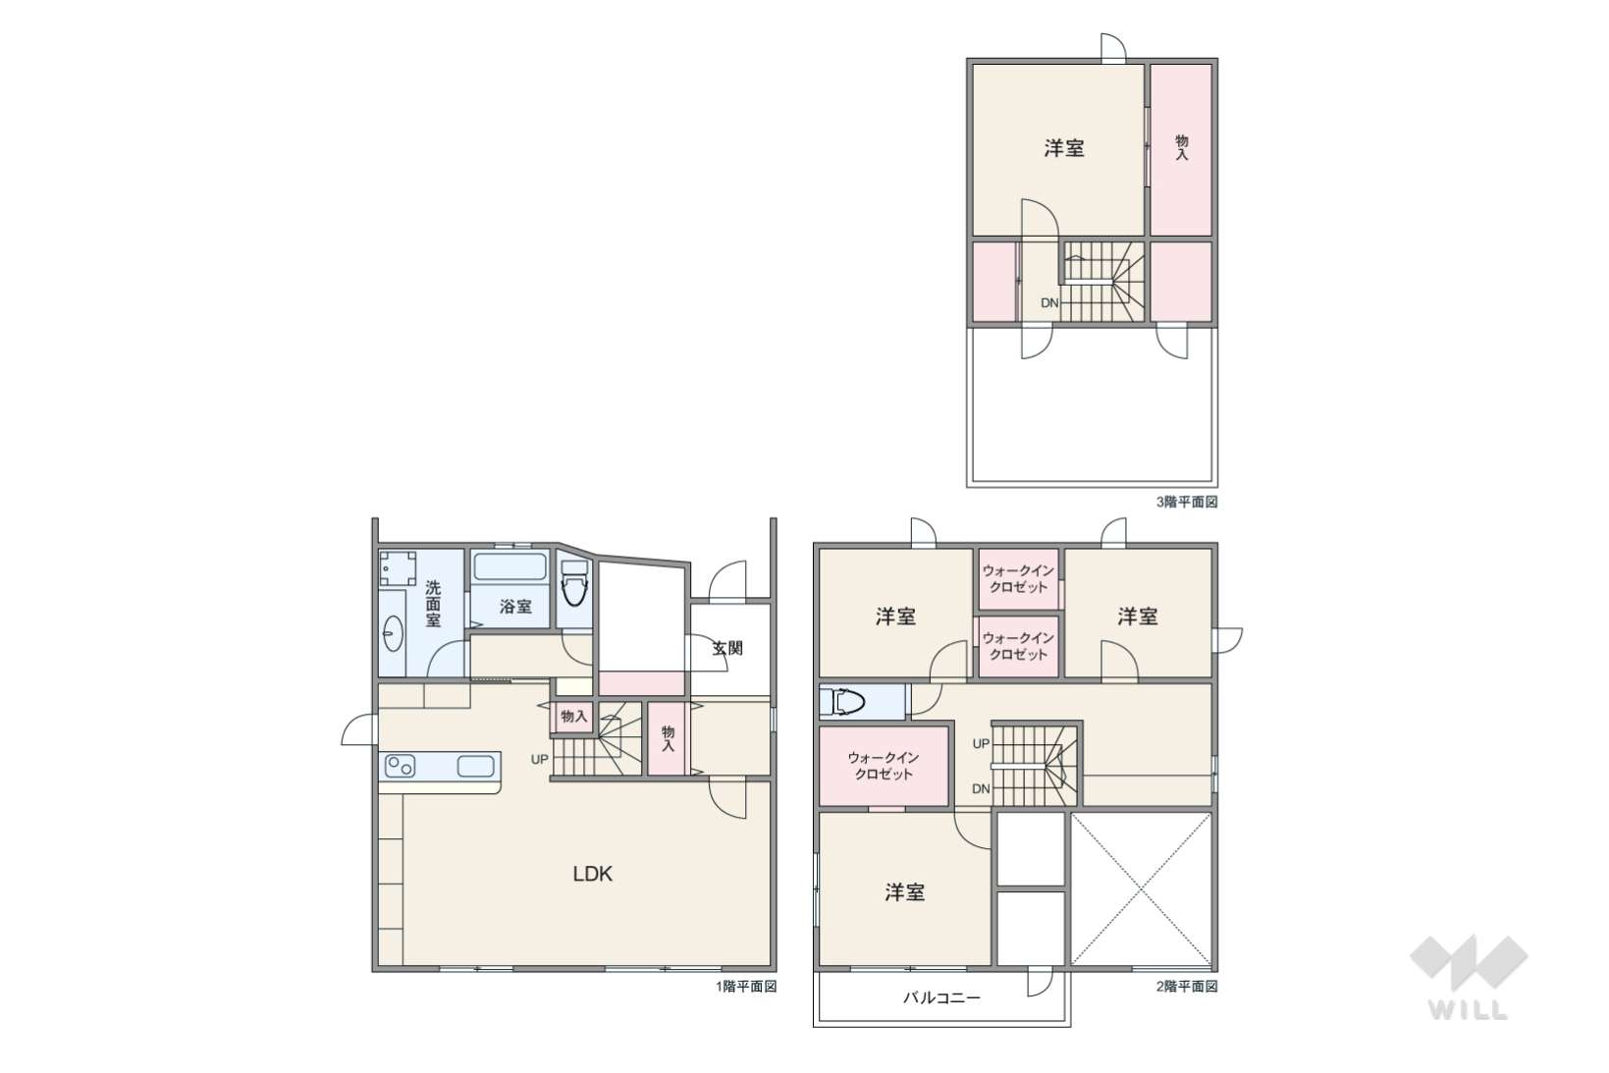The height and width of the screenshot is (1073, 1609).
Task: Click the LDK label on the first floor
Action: click(593, 874)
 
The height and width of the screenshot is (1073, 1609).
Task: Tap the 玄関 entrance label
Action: click(726, 648)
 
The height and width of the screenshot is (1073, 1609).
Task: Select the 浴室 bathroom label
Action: click(515, 606)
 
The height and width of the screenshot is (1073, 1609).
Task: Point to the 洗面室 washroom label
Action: click(432, 604)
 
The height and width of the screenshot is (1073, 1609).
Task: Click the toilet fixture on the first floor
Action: click(574, 583)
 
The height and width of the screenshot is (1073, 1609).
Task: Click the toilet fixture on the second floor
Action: click(845, 702)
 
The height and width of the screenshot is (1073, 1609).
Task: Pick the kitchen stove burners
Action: click(401, 766)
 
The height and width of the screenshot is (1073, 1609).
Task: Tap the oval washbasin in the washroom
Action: click(393, 634)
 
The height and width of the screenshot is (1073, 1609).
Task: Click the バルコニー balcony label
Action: click(941, 997)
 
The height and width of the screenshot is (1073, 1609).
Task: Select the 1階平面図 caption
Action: click(746, 987)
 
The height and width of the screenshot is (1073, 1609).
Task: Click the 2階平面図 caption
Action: click(1187, 987)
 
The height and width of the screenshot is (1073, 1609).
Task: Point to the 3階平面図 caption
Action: click(1187, 502)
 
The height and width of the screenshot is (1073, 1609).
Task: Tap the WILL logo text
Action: click(1468, 1010)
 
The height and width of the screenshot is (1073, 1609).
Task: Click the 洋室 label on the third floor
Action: click(1064, 148)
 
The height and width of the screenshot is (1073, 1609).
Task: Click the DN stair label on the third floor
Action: click(1049, 303)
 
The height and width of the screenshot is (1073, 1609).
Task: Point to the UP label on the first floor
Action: click(540, 759)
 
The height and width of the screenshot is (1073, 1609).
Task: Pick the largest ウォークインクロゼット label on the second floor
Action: click(884, 766)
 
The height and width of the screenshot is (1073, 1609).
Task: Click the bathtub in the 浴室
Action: click(510, 566)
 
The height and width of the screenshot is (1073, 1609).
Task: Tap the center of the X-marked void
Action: click(1141, 889)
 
